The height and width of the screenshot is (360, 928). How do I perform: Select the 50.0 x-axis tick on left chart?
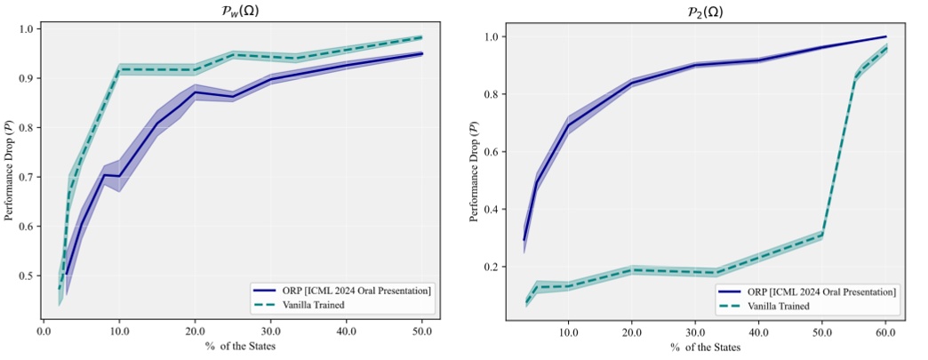point(422,331)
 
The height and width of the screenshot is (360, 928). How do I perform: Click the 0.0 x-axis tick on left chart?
point(44,331)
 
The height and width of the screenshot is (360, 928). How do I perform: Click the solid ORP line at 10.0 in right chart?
point(569,124)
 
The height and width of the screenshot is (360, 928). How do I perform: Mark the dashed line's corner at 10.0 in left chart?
point(119,69)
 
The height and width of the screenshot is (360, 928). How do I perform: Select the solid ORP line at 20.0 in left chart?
point(196,92)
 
